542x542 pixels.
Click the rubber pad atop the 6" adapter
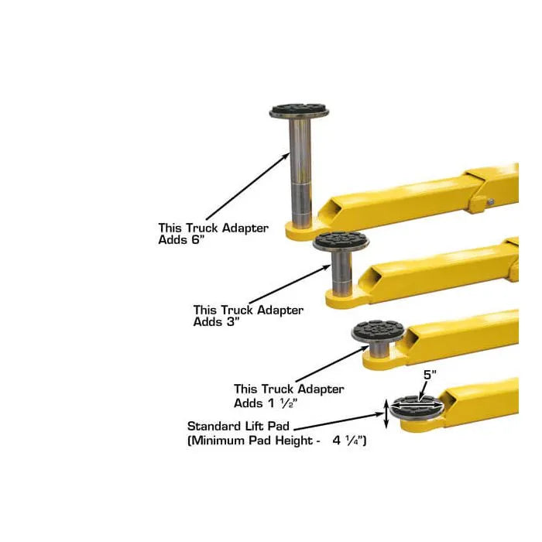pyautogui.click(x=300, y=108)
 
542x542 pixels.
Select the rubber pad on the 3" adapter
pyautogui.click(x=341, y=239)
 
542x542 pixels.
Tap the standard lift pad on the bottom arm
pyautogui.click(x=417, y=407)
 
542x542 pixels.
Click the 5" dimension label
pyautogui.click(x=430, y=375)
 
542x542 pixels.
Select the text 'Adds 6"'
pyautogui.click(x=181, y=239)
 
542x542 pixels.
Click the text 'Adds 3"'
pyautogui.click(x=216, y=322)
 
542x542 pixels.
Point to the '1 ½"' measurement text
pyautogui.click(x=283, y=403)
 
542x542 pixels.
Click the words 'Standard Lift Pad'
pyautogui.click(x=238, y=426)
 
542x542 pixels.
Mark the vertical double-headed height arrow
pyautogui.click(x=386, y=413)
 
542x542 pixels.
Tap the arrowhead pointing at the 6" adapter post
pyautogui.click(x=286, y=156)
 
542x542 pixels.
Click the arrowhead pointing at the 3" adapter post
pyautogui.click(x=327, y=267)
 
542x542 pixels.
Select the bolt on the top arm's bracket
pyautogui.click(x=490, y=201)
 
